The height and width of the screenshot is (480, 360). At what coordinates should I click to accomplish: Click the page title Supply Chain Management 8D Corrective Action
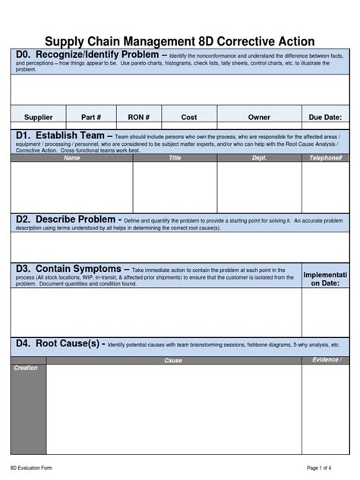coord(179,42)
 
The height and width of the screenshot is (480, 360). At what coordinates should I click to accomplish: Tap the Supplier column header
coord(39,118)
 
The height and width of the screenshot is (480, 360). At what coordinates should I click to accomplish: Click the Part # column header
coord(92,118)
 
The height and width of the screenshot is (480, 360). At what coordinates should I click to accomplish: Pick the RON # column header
coord(138,118)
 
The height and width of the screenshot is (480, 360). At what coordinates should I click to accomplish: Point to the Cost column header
coord(189,118)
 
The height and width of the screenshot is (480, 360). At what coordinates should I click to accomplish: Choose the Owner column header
coord(259,118)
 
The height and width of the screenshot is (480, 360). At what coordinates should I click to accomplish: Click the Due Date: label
coord(325,118)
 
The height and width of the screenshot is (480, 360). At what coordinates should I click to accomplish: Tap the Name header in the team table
coord(72,158)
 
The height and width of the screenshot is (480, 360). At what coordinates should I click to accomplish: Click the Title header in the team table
coord(175,158)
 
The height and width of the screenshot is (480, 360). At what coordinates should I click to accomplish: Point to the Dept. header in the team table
coord(259,158)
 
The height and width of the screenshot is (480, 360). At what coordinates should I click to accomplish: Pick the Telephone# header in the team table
coord(326,158)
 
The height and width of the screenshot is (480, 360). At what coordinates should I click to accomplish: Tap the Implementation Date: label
coord(325,279)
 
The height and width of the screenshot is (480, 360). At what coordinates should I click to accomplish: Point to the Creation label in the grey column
coord(26,368)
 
